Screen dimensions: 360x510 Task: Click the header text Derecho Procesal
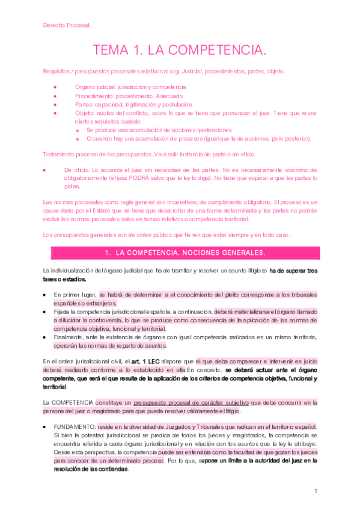(x=67, y=25)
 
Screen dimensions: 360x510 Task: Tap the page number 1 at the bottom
(x=316, y=491)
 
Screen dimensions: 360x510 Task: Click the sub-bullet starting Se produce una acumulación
(x=159, y=130)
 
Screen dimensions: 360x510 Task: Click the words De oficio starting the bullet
(x=76, y=170)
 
